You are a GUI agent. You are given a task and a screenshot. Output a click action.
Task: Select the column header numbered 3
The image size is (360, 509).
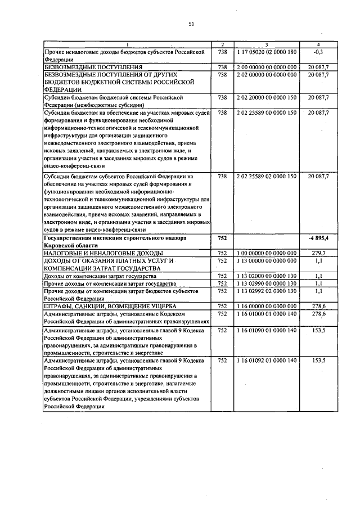coord(266,44)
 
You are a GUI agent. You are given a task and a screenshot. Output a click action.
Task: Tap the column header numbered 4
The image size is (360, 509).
coord(318,44)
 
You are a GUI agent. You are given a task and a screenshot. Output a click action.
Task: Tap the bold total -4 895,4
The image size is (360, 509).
coord(318,238)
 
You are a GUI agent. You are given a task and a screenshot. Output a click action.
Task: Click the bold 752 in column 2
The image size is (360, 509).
coord(222,238)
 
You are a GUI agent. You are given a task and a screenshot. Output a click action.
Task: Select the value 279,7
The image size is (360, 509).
coord(318,254)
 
